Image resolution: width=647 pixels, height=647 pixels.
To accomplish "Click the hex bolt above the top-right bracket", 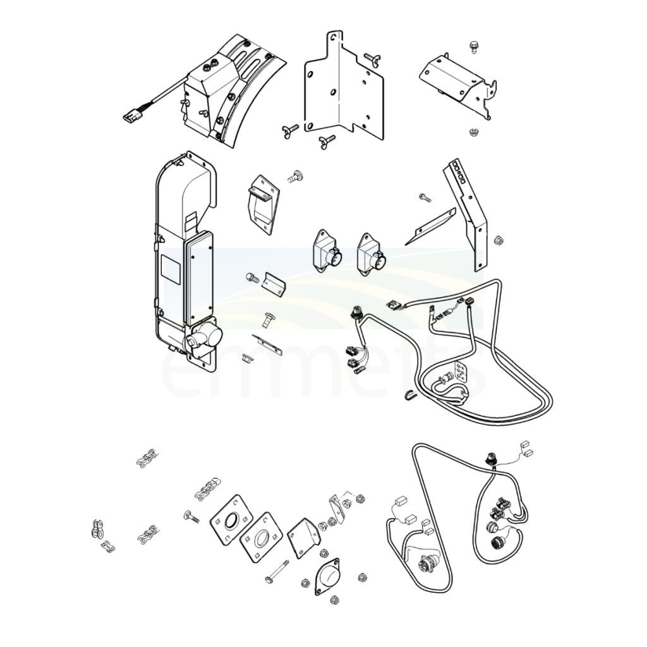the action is pyautogui.click(x=474, y=47).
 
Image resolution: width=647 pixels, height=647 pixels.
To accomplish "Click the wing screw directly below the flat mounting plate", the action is pyautogui.click(x=327, y=141).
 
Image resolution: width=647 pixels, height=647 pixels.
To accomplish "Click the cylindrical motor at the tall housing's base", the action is pyautogui.click(x=204, y=337).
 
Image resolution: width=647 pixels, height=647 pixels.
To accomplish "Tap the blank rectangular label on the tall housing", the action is pyautogui.click(x=171, y=269).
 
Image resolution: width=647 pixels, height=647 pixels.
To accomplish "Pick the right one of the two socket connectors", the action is pyautogui.click(x=371, y=253).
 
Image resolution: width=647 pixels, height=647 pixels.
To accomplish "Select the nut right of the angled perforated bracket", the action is pyautogui.click(x=498, y=239).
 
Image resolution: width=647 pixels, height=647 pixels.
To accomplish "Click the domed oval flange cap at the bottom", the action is pyautogui.click(x=327, y=576).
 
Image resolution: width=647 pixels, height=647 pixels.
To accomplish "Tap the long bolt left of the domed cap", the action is pyautogui.click(x=277, y=571).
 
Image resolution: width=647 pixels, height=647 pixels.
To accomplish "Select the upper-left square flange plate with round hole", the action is pyautogui.click(x=231, y=519).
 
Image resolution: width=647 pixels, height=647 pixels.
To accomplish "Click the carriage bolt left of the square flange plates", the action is pyautogui.click(x=191, y=516).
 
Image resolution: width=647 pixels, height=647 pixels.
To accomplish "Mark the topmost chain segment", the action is pyautogui.click(x=147, y=458).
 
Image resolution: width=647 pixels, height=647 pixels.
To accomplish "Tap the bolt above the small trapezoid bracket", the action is pyautogui.click(x=295, y=177).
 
